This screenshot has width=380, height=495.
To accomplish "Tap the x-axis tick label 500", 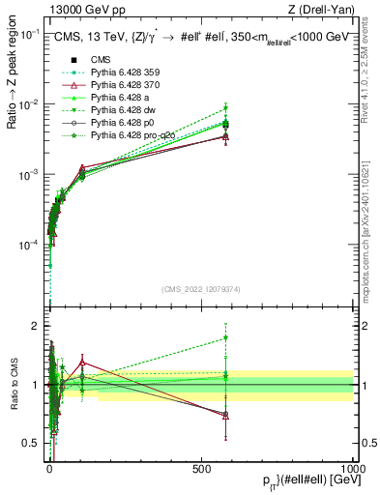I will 201,468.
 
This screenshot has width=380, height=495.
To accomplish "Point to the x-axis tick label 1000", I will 352,468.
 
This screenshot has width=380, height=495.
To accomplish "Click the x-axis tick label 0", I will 49,468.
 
